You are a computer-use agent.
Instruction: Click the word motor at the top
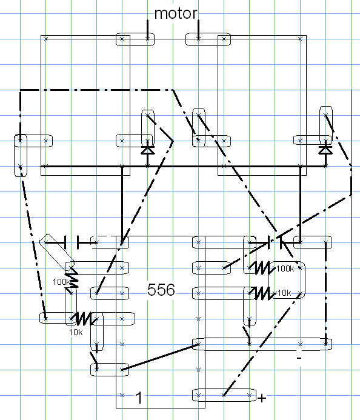[x=176, y=13]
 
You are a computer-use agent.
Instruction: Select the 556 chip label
[x=161, y=290]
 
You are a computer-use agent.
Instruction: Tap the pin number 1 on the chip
[x=139, y=398]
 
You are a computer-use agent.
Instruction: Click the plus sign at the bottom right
[x=262, y=398]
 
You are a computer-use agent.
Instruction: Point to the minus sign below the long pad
[x=299, y=358]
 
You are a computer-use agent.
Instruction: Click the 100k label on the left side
[x=61, y=282]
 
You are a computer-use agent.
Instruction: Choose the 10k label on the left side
[x=76, y=332]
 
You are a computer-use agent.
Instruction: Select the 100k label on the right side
[x=285, y=268]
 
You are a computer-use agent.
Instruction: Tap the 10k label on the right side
[x=284, y=293]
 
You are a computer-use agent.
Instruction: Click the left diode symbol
[x=148, y=150]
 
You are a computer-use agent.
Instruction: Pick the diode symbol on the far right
[x=325, y=150]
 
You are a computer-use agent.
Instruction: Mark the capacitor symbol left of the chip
[x=72, y=242]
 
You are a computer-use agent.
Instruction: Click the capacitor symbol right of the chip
[x=275, y=242]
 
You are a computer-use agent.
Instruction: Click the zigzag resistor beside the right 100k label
[x=262, y=268]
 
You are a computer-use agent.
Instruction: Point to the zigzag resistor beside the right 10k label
[x=262, y=293]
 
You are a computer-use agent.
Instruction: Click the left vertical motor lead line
[x=147, y=30]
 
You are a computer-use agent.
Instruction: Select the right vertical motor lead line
[x=198, y=30]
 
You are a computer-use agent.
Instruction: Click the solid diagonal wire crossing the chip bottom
[x=160, y=357]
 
